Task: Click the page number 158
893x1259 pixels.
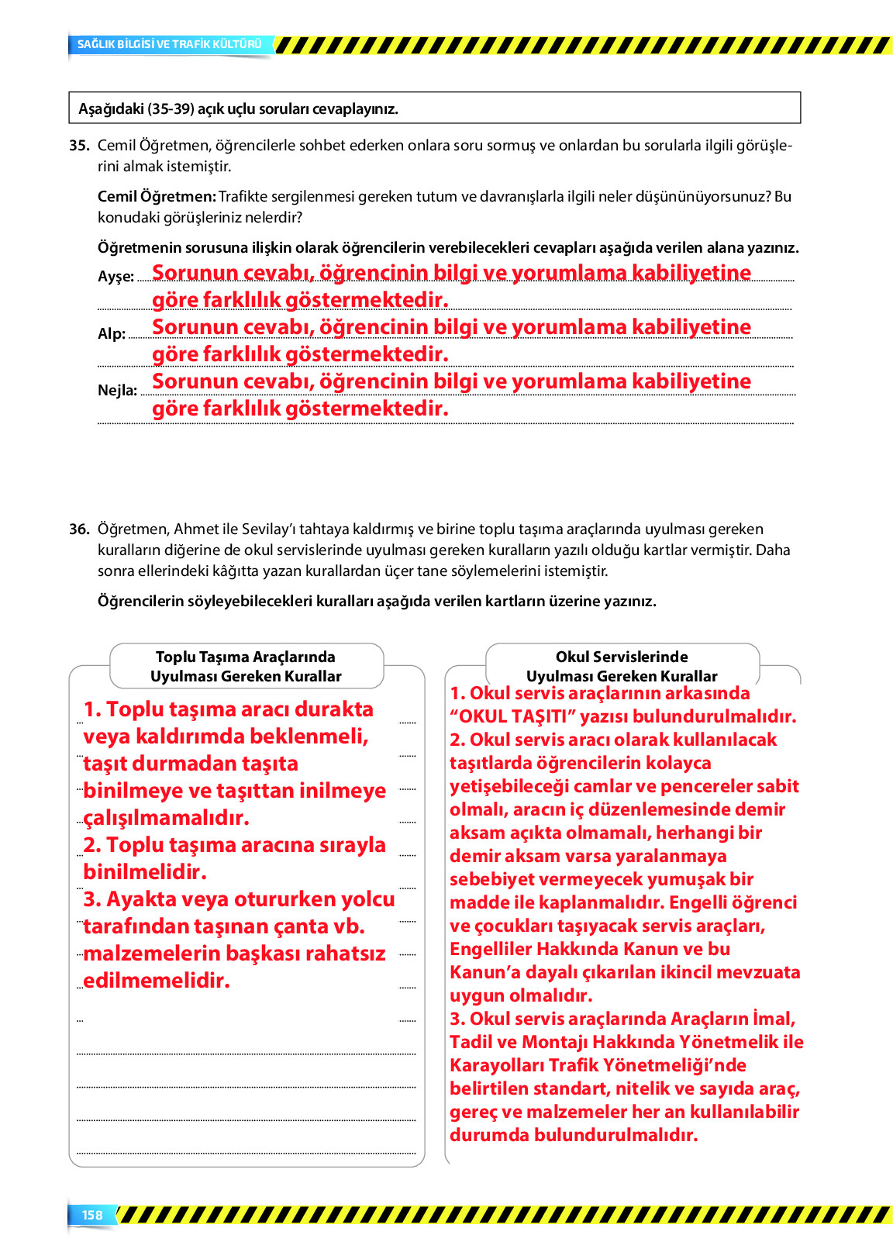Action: [92, 1215]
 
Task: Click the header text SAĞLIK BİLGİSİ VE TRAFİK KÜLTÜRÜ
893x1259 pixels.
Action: [169, 44]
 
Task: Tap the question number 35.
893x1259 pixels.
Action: [79, 145]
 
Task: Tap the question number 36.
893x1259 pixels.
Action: [79, 529]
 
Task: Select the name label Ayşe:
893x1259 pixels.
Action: [116, 277]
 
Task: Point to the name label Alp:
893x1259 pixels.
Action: [112, 334]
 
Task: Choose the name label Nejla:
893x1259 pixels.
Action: [117, 391]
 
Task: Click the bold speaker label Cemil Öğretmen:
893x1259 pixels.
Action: [157, 196]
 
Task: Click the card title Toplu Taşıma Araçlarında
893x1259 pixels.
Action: [246, 657]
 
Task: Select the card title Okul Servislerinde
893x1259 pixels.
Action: [622, 657]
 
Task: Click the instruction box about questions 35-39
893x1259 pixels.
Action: [434, 109]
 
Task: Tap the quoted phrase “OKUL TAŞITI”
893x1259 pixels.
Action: [512, 716]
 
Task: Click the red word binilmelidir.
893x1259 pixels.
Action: [145, 872]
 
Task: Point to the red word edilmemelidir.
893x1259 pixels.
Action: [157, 981]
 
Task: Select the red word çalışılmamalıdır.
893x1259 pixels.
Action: [166, 818]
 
